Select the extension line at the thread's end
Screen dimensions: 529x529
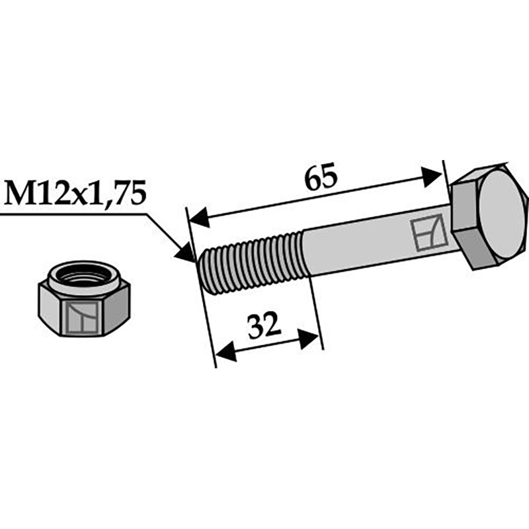[314, 311]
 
